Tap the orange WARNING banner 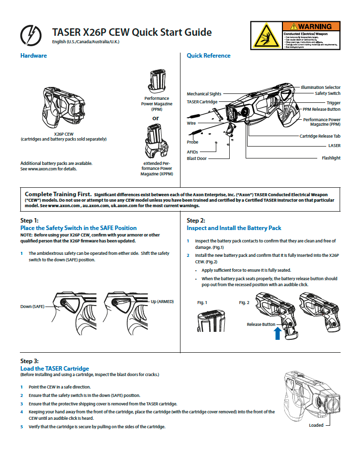coord(311,26)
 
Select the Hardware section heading coord(33,56)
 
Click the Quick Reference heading coord(208,56)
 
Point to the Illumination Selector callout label coord(320,87)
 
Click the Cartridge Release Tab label coord(320,136)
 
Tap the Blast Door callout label coord(196,158)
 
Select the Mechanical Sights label coord(204,93)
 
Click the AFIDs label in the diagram coord(192,152)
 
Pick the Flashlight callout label coord(331,158)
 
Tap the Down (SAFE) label coord(32,307)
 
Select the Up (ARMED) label coord(162,302)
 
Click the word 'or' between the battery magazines coord(156,118)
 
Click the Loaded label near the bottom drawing coord(316,425)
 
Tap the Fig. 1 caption coord(202,303)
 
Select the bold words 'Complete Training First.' coord(58,194)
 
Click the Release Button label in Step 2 coord(261,324)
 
